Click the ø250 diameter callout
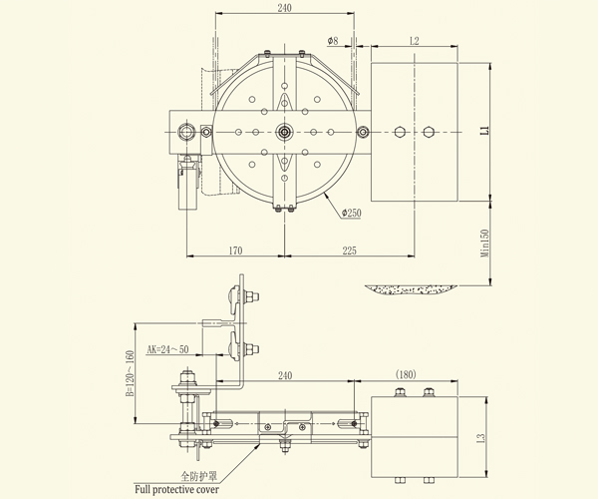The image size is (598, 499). [351, 213]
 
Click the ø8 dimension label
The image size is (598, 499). [333, 41]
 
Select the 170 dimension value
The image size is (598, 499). [235, 250]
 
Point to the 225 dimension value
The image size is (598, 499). [350, 250]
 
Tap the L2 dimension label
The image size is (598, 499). [415, 41]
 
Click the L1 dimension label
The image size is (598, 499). [484, 130]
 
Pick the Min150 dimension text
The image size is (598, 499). [484, 244]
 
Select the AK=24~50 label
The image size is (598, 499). [167, 349]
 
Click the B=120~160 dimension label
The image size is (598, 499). [130, 373]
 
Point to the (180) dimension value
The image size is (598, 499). [406, 374]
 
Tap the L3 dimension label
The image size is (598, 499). [481, 437]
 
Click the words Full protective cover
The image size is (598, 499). [177, 489]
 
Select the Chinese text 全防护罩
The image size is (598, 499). [198, 476]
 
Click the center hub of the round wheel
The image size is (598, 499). [284, 132]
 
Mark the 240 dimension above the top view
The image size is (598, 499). [284, 8]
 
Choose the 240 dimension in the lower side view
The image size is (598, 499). [285, 375]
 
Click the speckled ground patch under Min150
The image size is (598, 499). [411, 289]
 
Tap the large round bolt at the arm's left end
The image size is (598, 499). [186, 132]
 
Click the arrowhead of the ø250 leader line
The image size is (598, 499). [326, 196]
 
